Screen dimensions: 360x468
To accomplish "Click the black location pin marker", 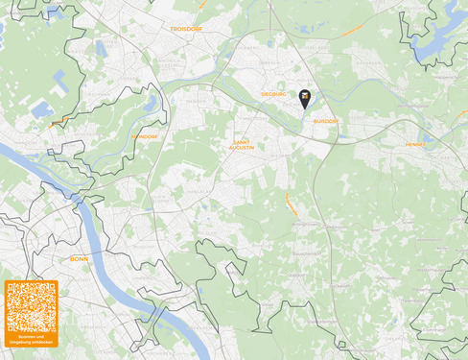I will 305,98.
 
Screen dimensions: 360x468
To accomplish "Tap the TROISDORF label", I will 186,29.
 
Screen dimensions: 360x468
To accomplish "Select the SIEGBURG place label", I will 275,94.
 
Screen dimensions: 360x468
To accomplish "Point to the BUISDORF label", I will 326,121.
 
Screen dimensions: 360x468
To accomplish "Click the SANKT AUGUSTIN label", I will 242,145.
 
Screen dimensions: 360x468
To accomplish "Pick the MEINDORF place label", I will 144,136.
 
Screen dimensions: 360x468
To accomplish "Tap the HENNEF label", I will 415,144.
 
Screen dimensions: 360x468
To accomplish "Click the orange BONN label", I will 79,259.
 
